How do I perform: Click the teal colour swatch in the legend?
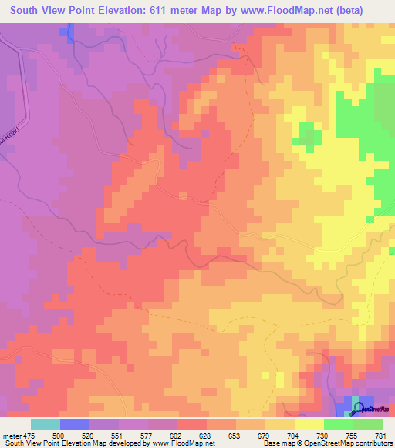46,424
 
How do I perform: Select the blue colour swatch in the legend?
75,424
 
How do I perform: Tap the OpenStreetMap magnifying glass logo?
358,409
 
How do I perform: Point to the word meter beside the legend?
11,435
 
